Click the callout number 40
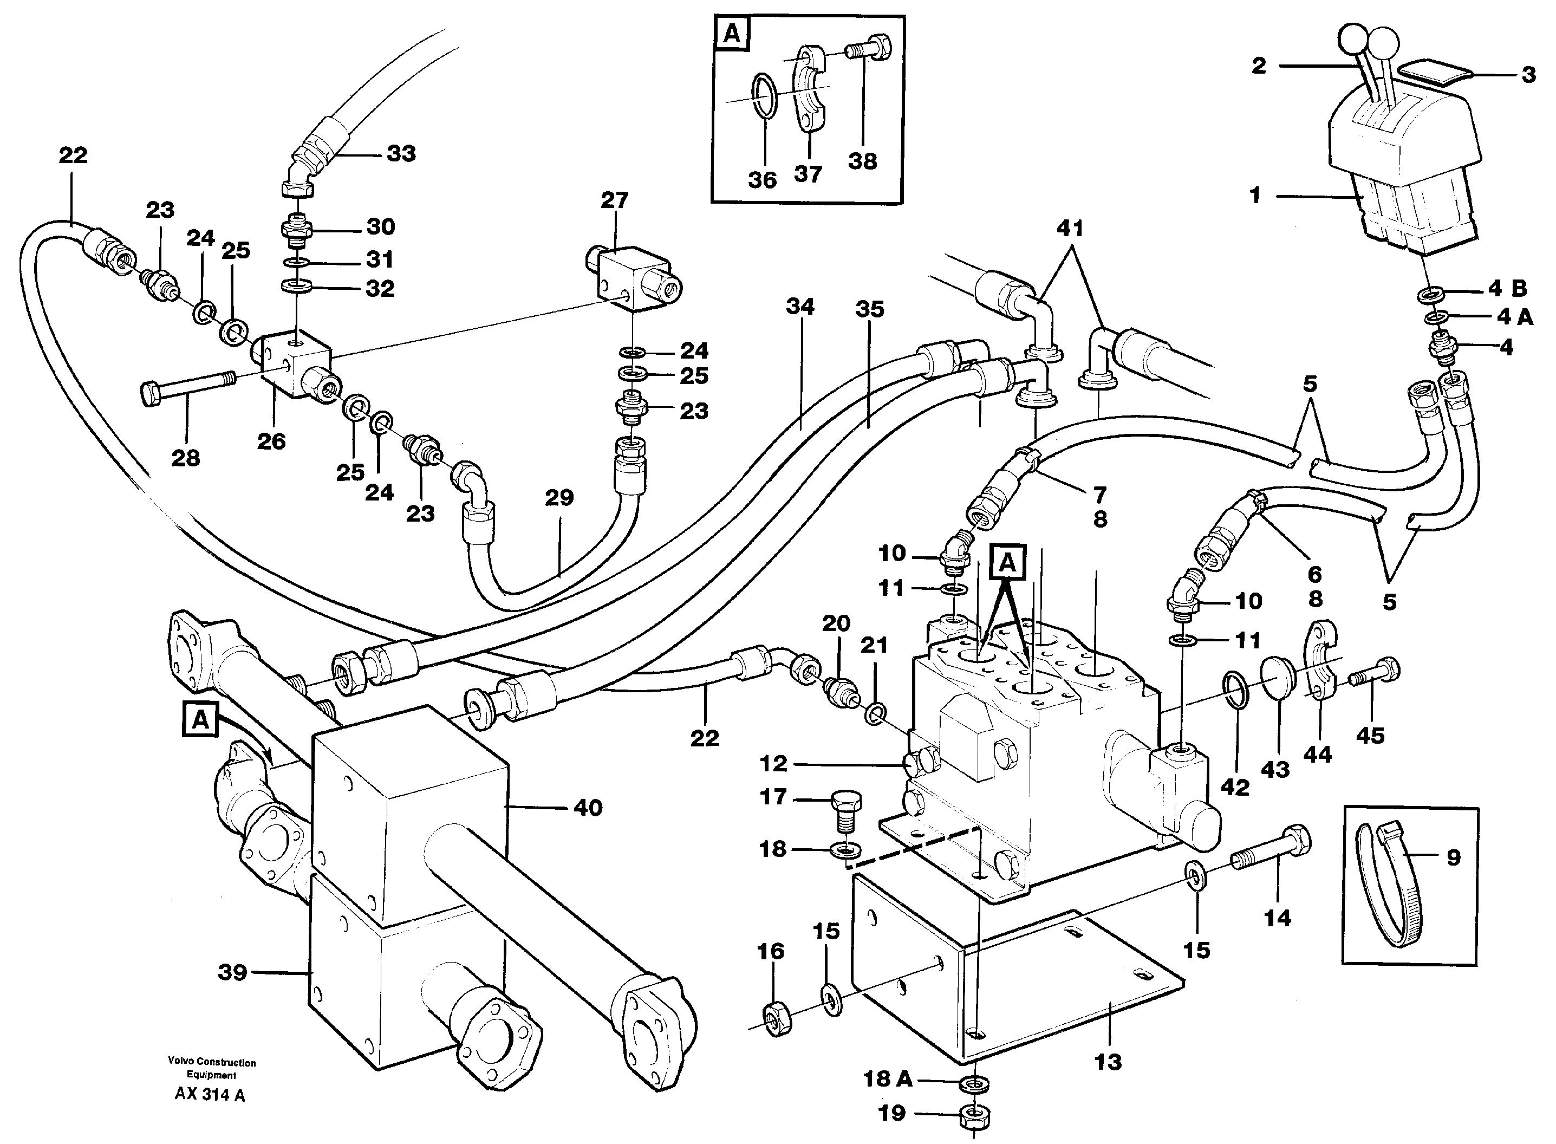tap(588, 808)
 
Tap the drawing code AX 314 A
tap(210, 1095)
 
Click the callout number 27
tap(614, 200)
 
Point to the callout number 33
tap(401, 153)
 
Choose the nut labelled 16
tap(778, 1019)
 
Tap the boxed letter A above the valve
tap(1007, 563)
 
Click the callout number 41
tap(1070, 228)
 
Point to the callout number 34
tap(800, 306)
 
